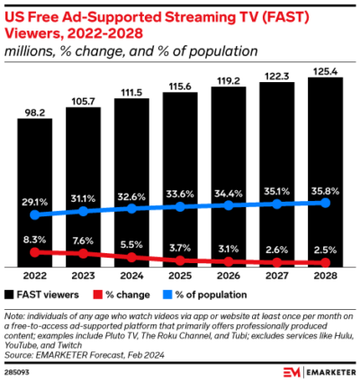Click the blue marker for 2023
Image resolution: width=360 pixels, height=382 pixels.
tap(83, 211)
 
